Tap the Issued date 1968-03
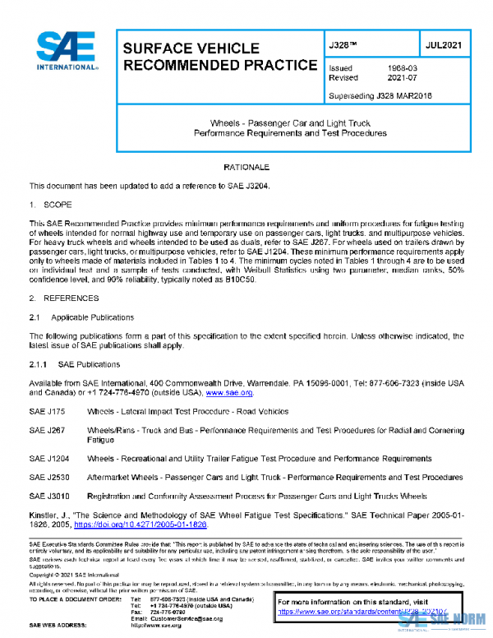coord(401,68)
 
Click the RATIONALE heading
coord(246,167)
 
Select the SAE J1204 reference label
coord(48,458)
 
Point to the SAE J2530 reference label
coord(48,477)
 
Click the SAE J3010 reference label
coord(48,497)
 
